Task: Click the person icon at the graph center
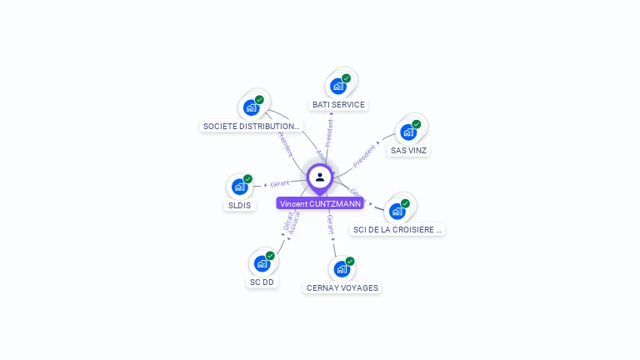pos(320,177)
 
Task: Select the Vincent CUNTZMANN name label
pos(320,203)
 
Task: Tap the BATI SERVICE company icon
pos(337,86)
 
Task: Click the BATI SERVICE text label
pos(338,105)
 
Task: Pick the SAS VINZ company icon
pos(407,132)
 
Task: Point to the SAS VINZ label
pos(409,151)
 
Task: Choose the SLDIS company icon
pos(239,187)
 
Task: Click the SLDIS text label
pos(239,205)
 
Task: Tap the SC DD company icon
pos(262,263)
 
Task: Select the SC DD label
pos(262,282)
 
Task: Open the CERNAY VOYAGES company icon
pos(341,269)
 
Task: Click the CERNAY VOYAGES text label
pos(342,288)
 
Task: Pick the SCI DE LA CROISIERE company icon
pos(397,211)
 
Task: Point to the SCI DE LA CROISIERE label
pos(397,230)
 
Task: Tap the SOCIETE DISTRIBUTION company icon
pos(250,107)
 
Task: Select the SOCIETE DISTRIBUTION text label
pos(252,127)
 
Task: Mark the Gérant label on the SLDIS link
pos(279,182)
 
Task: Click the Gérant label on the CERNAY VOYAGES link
pos(330,222)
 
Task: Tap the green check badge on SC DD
pos(270,256)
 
